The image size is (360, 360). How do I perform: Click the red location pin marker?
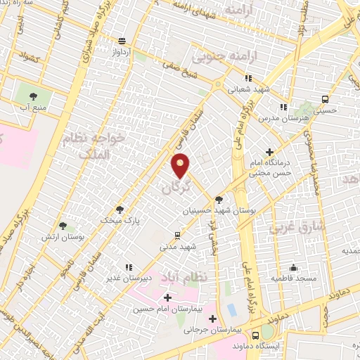[181, 165]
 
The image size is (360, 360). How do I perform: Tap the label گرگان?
[176, 187]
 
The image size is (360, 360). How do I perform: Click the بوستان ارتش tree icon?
[63, 226]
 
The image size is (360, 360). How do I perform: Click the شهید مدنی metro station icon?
[177, 236]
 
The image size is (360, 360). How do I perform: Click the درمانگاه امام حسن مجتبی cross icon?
[270, 152]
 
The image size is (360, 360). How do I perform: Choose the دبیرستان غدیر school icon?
[128, 266]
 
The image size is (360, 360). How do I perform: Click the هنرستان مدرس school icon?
[283, 108]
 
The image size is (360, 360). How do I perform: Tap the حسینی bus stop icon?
[324, 99]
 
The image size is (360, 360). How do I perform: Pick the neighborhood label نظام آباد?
[184, 276]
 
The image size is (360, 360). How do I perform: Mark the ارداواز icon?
[123, 41]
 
